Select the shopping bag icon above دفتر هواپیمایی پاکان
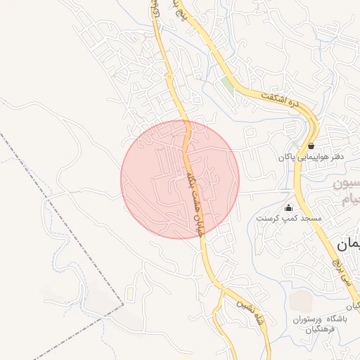[x=311, y=146]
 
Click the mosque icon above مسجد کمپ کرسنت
[x=288, y=207]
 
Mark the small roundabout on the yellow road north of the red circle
[x=169, y=75]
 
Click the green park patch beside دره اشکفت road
[x=226, y=88]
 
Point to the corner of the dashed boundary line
[x=123, y=304]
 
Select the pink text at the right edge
[x=347, y=194]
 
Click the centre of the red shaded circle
[x=180, y=179]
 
